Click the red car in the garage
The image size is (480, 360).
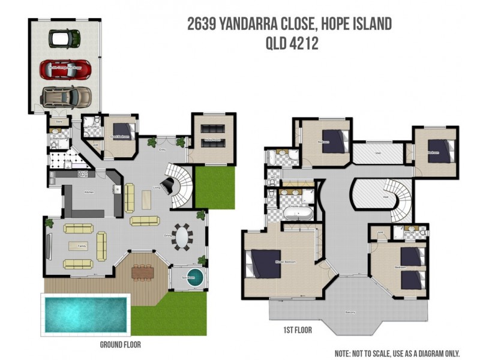65,68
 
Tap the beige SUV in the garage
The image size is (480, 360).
66,96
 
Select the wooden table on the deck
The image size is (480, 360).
143,272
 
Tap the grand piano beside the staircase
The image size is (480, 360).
167,187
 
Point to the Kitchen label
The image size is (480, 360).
88,193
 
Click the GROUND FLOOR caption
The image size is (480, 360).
120,345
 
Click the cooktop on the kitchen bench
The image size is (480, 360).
82,175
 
